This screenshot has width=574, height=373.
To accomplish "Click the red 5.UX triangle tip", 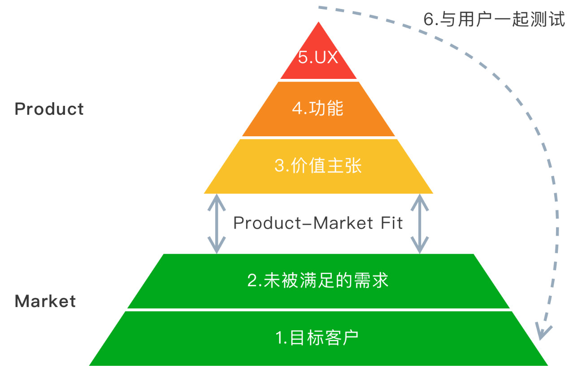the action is pos(318,22).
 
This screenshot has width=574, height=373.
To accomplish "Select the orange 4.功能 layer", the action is pos(318,109).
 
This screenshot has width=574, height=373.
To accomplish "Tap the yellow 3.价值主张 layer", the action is pos(318,166).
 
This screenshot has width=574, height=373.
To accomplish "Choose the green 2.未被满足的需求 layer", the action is pos(318,281).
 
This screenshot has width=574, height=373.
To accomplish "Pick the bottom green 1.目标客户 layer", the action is pos(318,338).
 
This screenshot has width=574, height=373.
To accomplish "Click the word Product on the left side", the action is pos(49,109).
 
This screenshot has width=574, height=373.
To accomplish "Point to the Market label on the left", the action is pos(45,301).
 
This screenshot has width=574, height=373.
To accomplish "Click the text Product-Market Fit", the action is pos(318,223).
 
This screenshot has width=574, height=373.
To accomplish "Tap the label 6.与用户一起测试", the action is pos(494,19).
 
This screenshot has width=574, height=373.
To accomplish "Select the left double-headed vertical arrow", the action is pos(217,224).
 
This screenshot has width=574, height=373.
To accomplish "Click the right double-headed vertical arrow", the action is pos(420,224).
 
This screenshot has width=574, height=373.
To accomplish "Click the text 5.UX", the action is pos(318,57).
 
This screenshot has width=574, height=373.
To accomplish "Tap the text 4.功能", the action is pos(318,108).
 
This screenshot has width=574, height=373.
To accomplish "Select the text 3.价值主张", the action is pos(318,166).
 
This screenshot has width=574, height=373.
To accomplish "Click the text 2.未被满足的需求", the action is pos(318,280).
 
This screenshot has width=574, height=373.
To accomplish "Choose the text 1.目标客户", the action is pos(317,338).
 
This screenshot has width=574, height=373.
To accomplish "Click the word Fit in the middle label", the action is pos(392,223).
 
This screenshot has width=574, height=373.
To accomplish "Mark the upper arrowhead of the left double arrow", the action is pos(217,202).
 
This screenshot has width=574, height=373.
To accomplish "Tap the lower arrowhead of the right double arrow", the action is pos(420,245).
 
